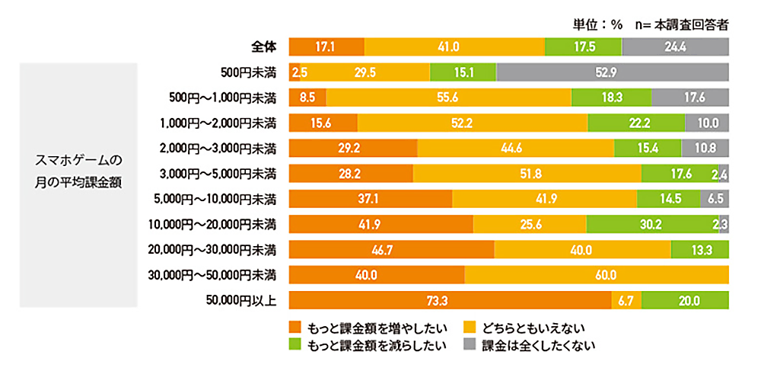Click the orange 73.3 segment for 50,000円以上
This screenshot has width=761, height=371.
[x=450, y=301]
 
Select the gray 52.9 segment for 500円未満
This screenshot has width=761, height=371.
[x=613, y=72]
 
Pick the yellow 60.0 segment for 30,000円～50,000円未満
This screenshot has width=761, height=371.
[x=597, y=275]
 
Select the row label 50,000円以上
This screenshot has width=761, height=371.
[x=242, y=301]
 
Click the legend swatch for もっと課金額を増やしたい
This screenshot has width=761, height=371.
[x=296, y=328]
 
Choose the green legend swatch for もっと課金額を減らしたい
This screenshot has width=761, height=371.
[x=296, y=345]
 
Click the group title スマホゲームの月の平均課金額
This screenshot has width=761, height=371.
[x=78, y=174]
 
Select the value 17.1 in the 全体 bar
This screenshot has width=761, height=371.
[x=326, y=47]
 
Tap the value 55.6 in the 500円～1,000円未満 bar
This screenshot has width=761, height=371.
[x=448, y=98]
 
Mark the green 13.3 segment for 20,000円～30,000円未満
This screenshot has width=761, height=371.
[x=700, y=250]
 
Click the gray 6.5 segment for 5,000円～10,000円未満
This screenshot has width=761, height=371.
[x=715, y=199]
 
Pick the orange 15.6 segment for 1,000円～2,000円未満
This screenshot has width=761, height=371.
[x=323, y=123]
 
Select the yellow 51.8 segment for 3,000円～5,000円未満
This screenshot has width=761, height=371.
[x=527, y=174]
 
